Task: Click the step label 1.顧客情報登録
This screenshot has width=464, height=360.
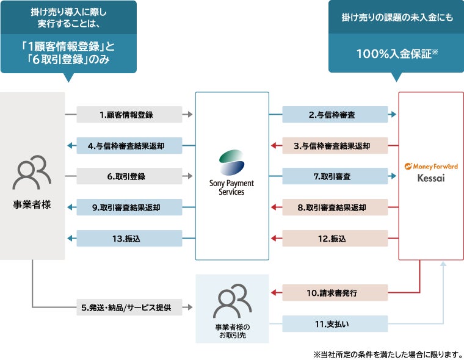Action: tap(129, 114)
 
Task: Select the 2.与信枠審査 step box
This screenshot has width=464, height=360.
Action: tap(335, 114)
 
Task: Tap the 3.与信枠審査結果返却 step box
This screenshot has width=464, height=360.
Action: tap(335, 145)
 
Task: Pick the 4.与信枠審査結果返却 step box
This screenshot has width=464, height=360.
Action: tap(129, 145)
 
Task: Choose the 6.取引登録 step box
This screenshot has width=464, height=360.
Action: tap(129, 176)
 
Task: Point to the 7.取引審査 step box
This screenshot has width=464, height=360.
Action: tap(335, 176)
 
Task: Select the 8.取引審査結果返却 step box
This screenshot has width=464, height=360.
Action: tap(335, 207)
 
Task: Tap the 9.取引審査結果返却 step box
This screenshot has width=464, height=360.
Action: tap(129, 207)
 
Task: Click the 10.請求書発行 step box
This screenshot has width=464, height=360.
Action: tap(335, 293)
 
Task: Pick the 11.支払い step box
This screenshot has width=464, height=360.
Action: tap(335, 323)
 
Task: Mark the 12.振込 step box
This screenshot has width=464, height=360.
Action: tap(335, 239)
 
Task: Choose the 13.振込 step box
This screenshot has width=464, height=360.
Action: tap(129, 239)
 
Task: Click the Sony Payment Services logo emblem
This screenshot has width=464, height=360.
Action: tap(232, 163)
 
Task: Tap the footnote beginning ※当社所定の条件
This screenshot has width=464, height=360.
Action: tap(388, 353)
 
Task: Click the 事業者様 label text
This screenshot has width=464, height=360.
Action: tap(32, 204)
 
